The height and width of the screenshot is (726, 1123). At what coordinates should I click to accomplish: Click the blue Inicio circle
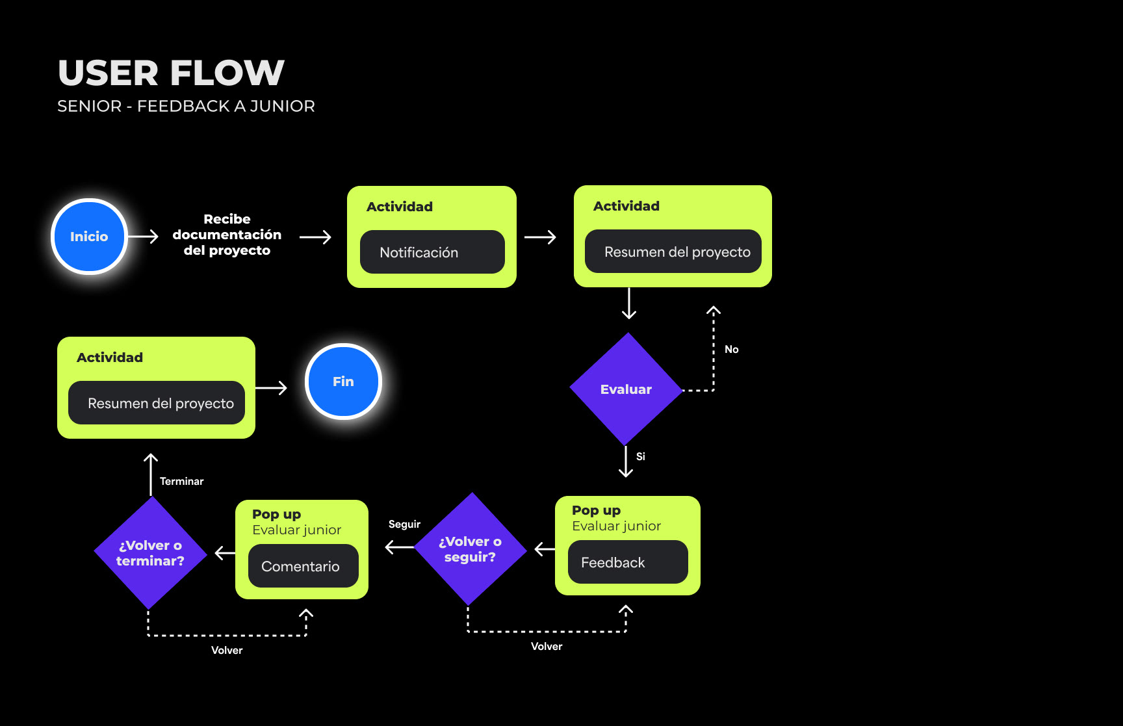pos(89,237)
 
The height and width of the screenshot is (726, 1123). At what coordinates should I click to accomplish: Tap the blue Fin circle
pos(343,382)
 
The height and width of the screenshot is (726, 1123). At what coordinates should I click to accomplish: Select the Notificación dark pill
pos(432,252)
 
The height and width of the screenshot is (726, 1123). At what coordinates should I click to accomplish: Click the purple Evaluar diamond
pos(626,389)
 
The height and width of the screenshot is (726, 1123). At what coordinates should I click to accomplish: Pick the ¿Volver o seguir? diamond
pos(470,549)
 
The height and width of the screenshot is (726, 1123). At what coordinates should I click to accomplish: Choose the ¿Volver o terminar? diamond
pos(150,553)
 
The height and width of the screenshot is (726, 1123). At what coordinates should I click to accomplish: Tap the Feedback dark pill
pos(628,562)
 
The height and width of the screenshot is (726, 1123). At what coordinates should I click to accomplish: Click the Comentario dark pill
pos(303,566)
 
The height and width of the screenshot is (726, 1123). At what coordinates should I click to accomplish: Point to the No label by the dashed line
pos(732,350)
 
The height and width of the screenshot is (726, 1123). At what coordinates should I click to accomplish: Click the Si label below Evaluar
pos(641,457)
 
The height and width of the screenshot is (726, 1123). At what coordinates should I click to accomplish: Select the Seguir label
pos(404,525)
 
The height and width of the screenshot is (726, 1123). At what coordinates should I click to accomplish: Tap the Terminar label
pos(181,482)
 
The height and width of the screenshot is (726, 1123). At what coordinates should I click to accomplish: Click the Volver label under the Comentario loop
pos(227,651)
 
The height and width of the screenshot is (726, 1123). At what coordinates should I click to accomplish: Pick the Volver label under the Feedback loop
pos(547,647)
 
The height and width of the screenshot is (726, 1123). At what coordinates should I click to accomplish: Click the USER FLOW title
pos(171,73)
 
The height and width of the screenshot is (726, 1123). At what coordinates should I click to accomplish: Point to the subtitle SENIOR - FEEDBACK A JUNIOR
pos(186,106)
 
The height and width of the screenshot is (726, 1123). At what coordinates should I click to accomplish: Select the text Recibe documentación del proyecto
pos(227,235)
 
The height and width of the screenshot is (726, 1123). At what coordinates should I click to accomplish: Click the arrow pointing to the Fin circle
pos(272,388)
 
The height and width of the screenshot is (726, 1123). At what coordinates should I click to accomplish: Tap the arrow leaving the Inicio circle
pos(144,237)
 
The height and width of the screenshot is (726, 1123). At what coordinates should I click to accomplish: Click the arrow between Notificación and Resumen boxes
pos(540,237)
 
